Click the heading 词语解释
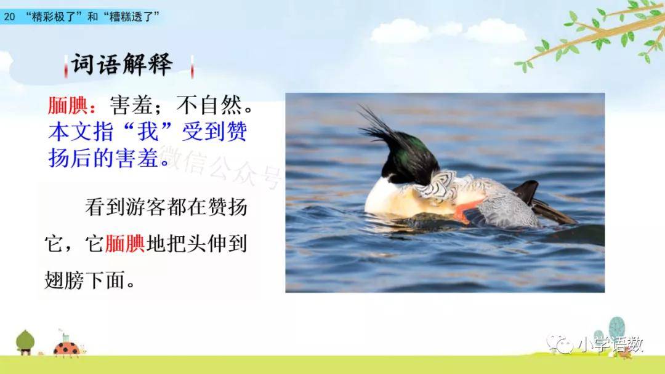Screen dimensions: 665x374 (122, 65)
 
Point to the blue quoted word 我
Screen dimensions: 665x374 (148, 132)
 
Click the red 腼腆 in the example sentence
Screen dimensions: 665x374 (124, 244)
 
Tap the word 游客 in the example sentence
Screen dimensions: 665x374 (147, 207)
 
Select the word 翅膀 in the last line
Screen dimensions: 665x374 (65, 280)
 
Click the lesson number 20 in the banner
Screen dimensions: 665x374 (9, 17)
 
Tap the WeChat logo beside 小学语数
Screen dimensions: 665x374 (560, 344)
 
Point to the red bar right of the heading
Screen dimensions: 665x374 (192, 66)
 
